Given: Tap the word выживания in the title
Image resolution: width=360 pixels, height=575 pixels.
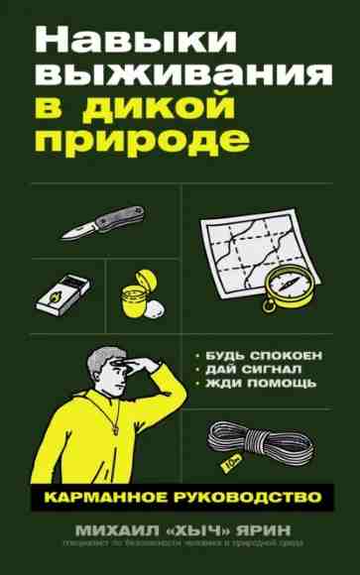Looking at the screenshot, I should tap(179, 82).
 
